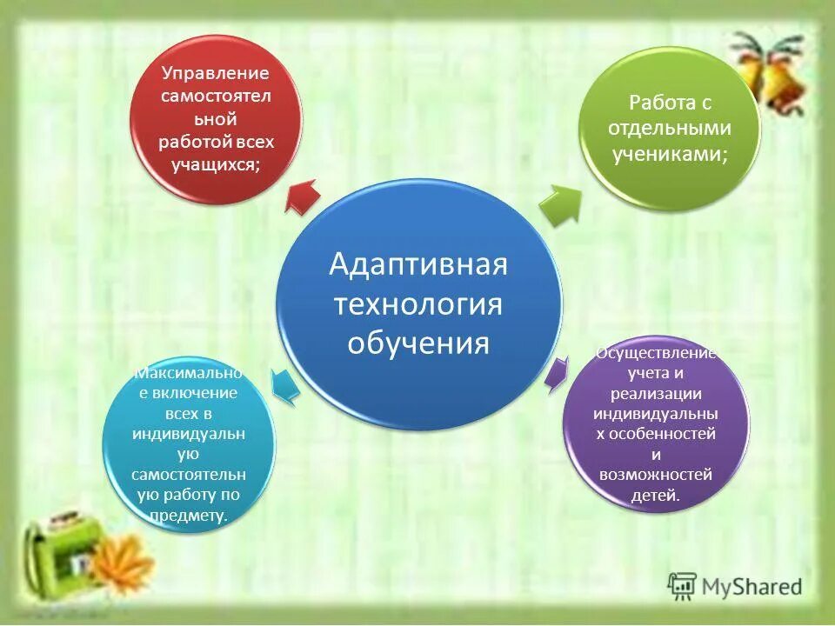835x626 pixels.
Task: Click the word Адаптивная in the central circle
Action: pyautogui.click(x=417, y=264)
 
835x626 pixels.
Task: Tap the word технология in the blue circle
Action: pyautogui.click(x=417, y=303)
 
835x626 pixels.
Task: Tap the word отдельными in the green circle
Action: pyautogui.click(x=670, y=128)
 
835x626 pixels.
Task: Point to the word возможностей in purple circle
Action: pyautogui.click(x=656, y=475)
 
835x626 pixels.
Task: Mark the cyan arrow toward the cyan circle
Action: pyautogui.click(x=285, y=385)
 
